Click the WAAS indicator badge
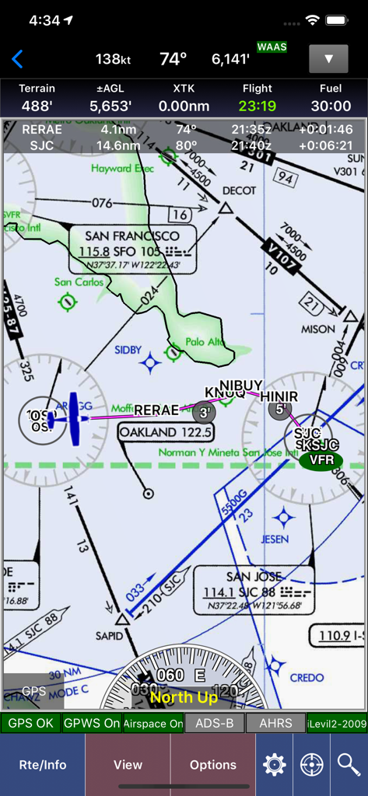click(x=272, y=47)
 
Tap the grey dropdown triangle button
click(x=328, y=59)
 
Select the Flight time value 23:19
click(x=257, y=106)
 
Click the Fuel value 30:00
click(x=330, y=106)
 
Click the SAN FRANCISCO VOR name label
click(x=132, y=236)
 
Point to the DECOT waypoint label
click(x=239, y=190)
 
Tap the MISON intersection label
click(x=318, y=329)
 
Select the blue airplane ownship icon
click(x=72, y=417)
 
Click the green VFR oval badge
click(x=321, y=459)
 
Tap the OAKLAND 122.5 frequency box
click(x=165, y=431)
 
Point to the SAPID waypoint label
click(x=110, y=636)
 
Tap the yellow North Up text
click(x=184, y=697)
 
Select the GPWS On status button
click(x=92, y=723)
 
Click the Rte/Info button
click(x=43, y=764)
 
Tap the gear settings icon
click(x=274, y=765)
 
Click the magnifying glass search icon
click(x=349, y=765)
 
